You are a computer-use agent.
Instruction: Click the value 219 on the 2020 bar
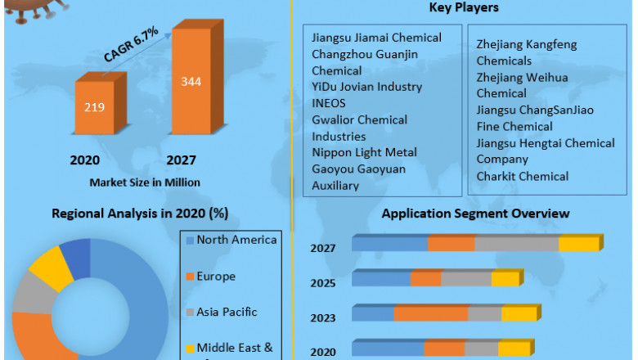tap(93, 106)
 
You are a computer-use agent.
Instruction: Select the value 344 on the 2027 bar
tap(191, 81)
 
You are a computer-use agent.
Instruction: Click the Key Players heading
tap(464, 8)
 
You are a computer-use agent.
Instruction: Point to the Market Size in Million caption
tap(144, 182)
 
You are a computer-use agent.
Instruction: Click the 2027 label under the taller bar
tap(181, 160)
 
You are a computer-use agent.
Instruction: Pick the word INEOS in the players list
tap(329, 103)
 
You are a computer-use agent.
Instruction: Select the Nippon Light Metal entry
tap(364, 152)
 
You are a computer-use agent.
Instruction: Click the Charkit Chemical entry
tap(523, 176)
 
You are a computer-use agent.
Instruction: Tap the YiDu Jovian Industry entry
tap(366, 87)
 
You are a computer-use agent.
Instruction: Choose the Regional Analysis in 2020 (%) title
tap(140, 214)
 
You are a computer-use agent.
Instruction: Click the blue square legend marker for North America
tap(190, 240)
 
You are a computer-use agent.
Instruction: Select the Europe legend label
tap(216, 277)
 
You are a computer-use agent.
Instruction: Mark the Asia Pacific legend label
tap(227, 312)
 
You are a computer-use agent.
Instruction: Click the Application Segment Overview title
tap(475, 214)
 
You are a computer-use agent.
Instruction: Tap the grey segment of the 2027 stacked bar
tap(517, 244)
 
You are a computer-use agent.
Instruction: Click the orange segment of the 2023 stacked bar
tap(431, 314)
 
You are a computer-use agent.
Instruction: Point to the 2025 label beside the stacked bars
tap(322, 283)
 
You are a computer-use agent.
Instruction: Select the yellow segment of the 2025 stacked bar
tap(505, 279)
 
